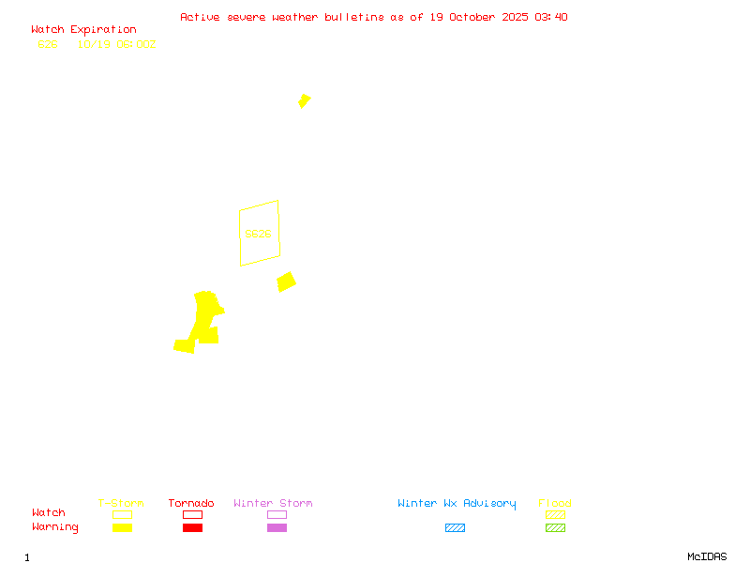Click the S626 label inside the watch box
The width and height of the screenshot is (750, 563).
(258, 234)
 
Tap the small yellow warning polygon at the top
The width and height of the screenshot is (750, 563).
(304, 100)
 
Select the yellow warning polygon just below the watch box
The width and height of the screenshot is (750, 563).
(286, 281)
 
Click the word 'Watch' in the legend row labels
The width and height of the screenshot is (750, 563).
(49, 513)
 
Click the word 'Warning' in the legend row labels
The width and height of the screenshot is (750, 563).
(55, 527)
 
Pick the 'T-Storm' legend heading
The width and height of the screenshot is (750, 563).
(121, 503)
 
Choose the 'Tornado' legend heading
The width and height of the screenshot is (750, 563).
(191, 503)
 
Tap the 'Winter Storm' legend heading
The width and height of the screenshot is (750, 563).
(273, 503)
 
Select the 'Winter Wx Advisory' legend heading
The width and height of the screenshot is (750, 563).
(457, 503)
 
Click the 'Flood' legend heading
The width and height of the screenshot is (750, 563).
(555, 503)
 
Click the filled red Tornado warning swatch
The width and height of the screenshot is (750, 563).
(192, 528)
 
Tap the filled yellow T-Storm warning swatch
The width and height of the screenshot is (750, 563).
(122, 528)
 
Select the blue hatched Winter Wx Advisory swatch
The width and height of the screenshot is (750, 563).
(455, 528)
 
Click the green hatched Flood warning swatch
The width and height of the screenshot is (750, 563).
(555, 528)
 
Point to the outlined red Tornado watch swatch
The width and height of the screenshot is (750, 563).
(192, 514)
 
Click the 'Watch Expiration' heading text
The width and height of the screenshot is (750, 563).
(83, 30)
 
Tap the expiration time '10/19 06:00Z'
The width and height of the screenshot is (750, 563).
(116, 44)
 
